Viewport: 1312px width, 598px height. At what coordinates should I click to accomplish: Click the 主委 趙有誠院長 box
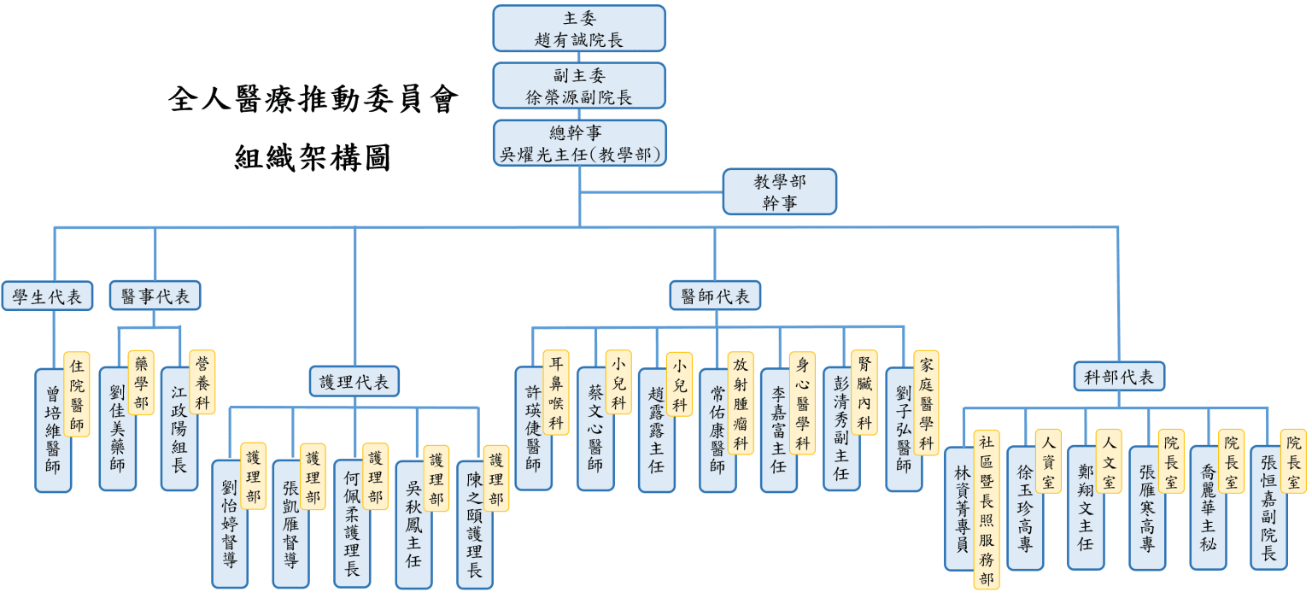tap(578, 29)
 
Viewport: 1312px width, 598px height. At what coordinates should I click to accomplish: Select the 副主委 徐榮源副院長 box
tap(578, 86)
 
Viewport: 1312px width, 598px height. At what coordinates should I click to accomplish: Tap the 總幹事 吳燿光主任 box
tap(579, 144)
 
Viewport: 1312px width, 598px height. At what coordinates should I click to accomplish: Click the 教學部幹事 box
tap(780, 192)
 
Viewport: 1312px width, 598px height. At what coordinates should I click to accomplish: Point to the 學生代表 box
tap(48, 296)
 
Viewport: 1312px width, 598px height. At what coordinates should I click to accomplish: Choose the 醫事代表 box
tap(155, 296)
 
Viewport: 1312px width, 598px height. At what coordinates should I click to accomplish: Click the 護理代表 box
tap(354, 382)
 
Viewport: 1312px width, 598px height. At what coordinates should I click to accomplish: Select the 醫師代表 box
tap(715, 296)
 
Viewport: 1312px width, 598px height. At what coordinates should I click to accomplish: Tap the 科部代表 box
tap(1119, 377)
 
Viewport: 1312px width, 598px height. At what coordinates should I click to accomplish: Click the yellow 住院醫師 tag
tap(77, 394)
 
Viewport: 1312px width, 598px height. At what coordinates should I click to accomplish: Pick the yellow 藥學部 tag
tap(141, 383)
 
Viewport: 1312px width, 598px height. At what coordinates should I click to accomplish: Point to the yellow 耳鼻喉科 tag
tap(556, 392)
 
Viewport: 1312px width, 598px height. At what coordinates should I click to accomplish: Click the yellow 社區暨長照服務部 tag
tap(987, 509)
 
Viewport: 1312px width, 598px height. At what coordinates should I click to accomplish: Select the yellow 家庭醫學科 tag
tap(926, 403)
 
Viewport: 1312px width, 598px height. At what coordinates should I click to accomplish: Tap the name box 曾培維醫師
tap(53, 431)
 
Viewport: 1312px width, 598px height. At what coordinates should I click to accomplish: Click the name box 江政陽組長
tap(179, 430)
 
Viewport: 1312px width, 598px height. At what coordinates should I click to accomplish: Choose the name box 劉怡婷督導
tap(230, 525)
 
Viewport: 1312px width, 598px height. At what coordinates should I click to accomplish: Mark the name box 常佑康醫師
tap(717, 431)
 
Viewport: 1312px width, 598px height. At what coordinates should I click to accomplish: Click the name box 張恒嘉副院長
tap(1268, 507)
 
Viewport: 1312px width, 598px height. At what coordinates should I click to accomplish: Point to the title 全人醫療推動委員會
tap(313, 99)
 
